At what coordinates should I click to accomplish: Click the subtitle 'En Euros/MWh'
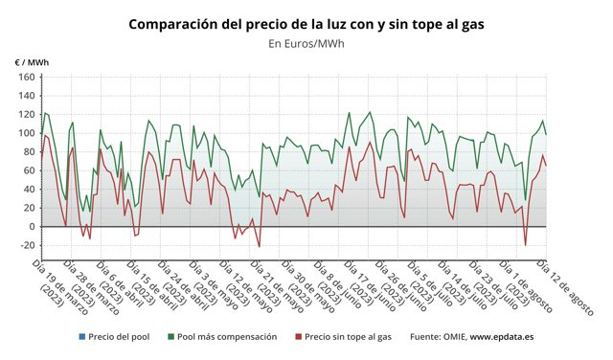click(306, 43)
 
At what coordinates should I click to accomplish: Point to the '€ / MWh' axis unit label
click(31, 62)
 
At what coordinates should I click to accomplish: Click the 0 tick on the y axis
click(31, 227)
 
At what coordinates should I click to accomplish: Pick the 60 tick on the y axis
click(28, 171)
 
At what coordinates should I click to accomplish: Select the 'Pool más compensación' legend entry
click(227, 337)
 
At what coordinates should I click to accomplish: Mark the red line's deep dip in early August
click(525, 246)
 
